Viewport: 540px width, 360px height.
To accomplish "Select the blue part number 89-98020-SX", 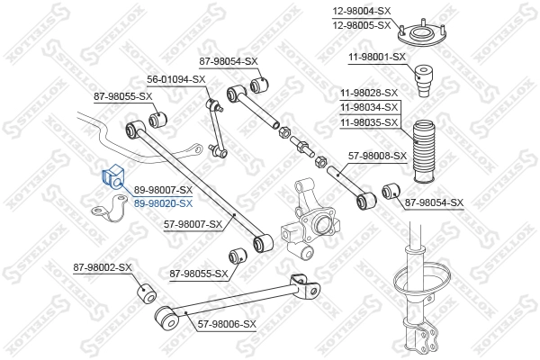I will (163, 204).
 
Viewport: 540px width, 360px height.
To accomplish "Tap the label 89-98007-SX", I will (163, 191).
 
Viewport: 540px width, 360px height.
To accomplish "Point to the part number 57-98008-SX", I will (376, 155).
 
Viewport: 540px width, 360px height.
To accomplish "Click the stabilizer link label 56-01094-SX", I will (176, 79).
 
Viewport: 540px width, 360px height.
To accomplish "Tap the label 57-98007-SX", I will (192, 223).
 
